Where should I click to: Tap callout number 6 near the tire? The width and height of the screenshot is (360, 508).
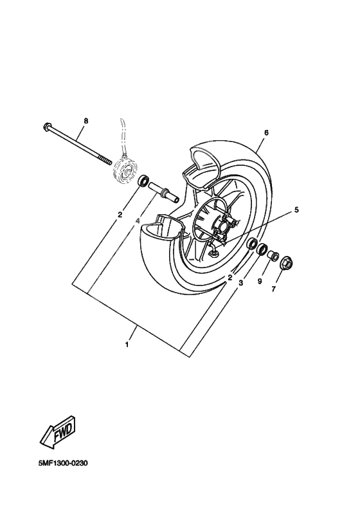click(x=265, y=133)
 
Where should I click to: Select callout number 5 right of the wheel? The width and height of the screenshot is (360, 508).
click(x=296, y=210)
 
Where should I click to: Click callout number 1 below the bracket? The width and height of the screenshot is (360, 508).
click(x=127, y=345)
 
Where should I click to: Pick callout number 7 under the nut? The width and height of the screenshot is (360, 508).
click(x=273, y=289)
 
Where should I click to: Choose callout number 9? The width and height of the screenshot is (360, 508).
click(x=260, y=281)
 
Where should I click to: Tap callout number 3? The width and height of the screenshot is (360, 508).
click(x=241, y=282)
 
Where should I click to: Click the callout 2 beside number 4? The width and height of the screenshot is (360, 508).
click(x=120, y=216)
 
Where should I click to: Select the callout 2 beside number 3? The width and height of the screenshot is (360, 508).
click(x=230, y=278)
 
